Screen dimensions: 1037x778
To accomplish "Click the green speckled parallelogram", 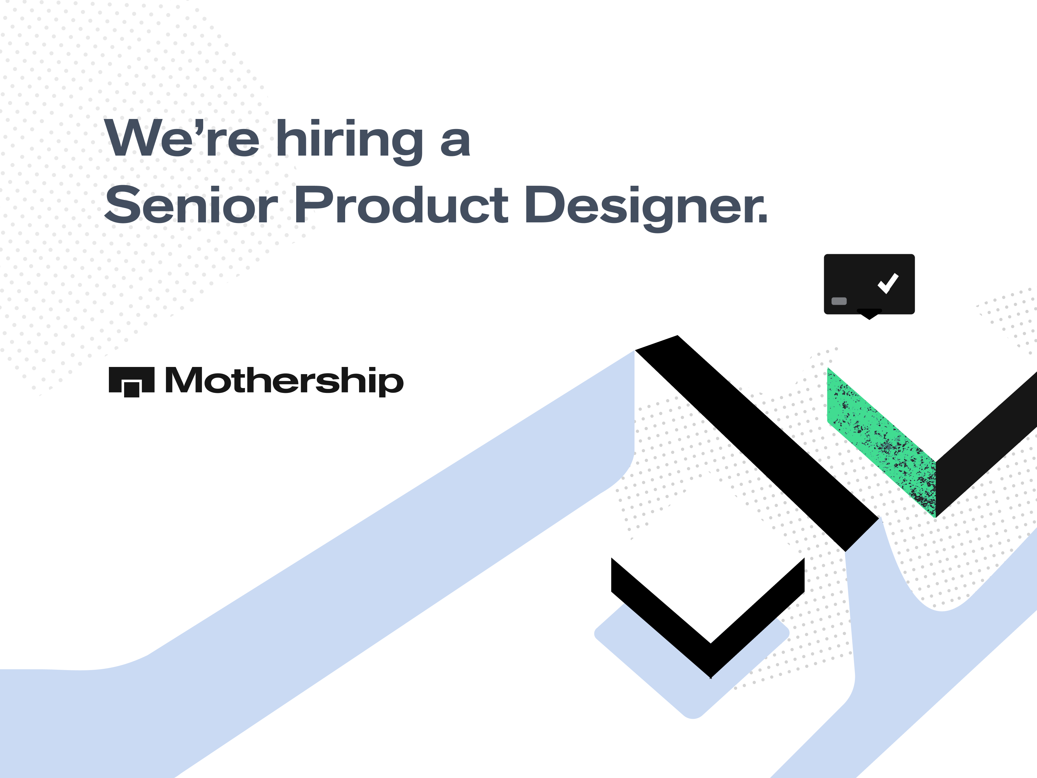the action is click(881, 443).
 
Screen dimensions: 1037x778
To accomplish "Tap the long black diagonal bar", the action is click(757, 443).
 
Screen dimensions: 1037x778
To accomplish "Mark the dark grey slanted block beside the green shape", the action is click(985, 445).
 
